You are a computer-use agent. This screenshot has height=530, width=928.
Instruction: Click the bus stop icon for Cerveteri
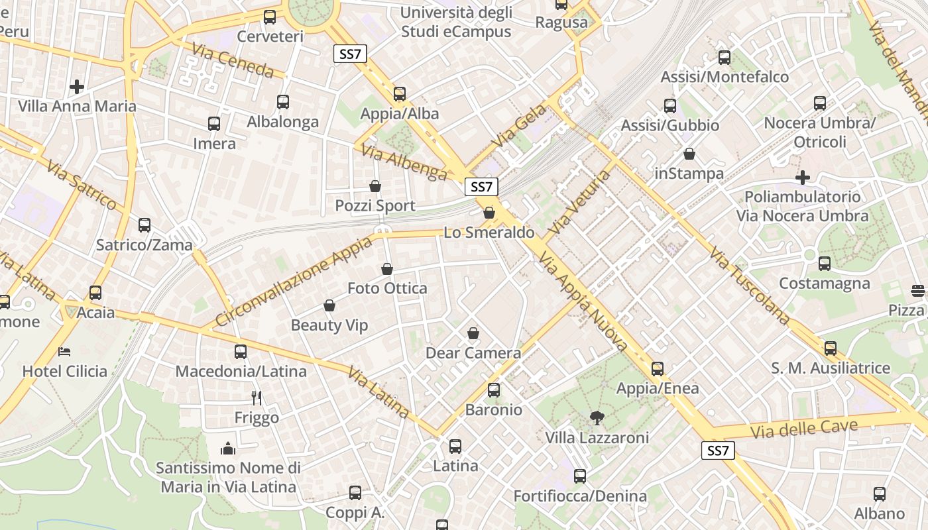270,17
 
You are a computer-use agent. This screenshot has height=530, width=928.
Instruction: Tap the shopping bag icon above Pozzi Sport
375,186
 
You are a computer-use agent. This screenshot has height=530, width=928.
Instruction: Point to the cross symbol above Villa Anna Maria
77,87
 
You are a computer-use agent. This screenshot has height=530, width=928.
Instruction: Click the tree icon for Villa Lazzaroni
597,417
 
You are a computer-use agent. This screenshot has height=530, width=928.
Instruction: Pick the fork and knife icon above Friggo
257,397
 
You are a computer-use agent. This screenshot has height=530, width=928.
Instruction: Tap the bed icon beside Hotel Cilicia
64,351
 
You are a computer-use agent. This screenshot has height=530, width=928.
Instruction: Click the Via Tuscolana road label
749,286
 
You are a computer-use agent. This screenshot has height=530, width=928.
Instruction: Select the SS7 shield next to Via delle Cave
718,451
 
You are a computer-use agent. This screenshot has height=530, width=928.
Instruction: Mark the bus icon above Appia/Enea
657,368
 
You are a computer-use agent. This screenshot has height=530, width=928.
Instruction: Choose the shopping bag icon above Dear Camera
473,333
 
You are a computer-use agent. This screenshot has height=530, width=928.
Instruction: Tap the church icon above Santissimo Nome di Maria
228,449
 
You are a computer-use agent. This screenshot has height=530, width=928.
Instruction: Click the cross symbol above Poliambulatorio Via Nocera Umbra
803,178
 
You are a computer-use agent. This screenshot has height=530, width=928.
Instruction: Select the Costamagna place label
824,284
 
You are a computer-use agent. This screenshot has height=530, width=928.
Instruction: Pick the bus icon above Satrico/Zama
145,225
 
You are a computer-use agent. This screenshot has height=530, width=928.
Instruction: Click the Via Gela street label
519,125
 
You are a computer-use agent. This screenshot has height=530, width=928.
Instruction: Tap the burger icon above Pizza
918,290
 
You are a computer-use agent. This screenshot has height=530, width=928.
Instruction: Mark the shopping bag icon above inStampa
689,154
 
